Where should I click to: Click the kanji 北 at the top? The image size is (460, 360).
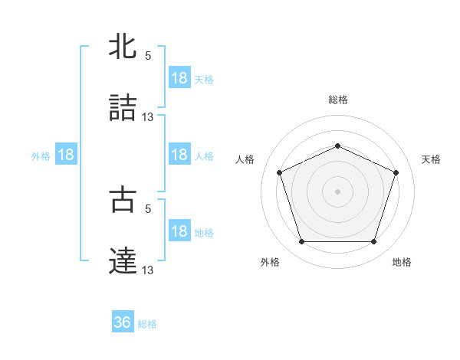pos(123,47)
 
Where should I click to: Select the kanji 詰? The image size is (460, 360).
pos(123,107)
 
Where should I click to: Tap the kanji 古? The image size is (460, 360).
pos(123,199)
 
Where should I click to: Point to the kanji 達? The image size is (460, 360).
pos(123,260)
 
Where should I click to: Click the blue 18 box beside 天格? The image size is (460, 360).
pos(179,78)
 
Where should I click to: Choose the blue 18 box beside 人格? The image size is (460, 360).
pos(179,155)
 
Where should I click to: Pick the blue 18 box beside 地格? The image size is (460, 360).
pos(179,231)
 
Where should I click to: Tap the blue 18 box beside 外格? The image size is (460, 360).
pos(66,155)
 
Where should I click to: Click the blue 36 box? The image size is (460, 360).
pos(123,322)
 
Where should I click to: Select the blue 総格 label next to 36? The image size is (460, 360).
pos(147,323)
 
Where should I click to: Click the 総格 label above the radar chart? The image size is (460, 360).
pos(337,100)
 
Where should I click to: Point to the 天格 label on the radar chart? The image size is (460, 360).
pos(431,159)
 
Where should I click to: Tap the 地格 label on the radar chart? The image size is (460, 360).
pos(402,262)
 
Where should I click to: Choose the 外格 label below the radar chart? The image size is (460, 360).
pos(270,262)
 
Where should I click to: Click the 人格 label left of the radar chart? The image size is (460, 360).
pos(245,159)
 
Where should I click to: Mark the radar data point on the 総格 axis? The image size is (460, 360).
pos(337,146)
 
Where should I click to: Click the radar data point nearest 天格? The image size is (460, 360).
pos(396,172)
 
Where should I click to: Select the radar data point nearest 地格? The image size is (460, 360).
pos(373,242)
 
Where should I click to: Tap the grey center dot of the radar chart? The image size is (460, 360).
pos(337,191)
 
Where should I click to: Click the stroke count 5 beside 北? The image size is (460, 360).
pos(148,56)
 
